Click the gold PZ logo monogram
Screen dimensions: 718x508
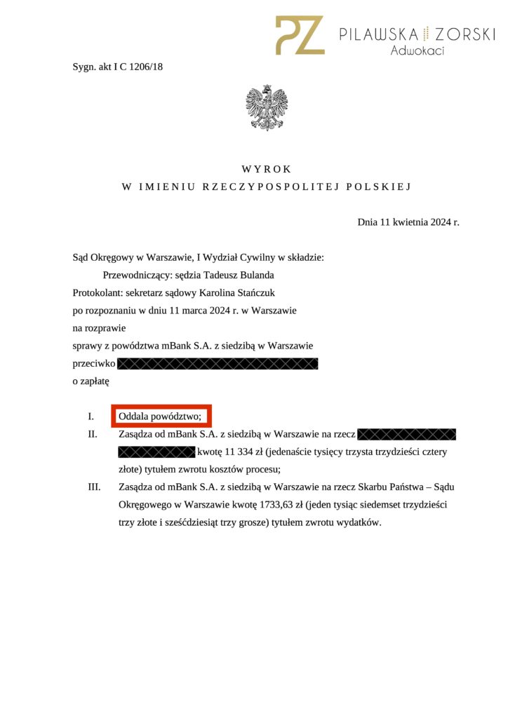300,35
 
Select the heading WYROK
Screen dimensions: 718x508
266,169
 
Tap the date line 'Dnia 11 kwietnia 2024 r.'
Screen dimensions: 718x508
408,222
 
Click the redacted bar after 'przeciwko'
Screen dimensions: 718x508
218,364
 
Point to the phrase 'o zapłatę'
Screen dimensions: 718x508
91,381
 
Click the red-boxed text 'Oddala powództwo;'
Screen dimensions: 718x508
161,416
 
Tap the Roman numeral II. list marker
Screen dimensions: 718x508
92,434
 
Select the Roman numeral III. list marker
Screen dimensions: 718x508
93,487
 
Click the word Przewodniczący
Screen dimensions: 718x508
137,275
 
